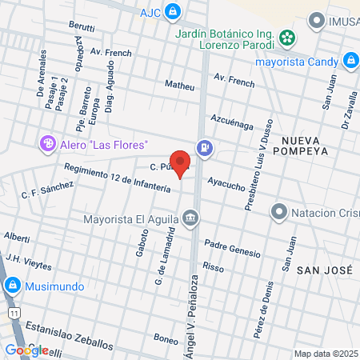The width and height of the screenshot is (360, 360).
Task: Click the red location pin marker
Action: coord(181,163)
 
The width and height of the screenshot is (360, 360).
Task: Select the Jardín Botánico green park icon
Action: coord(287,37)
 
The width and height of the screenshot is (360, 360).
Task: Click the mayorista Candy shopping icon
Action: coord(350,60)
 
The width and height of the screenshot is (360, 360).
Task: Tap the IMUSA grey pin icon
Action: coord(318,20)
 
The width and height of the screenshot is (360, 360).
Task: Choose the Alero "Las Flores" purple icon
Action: coord(48,144)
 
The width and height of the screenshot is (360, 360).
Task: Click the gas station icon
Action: coord(206,147)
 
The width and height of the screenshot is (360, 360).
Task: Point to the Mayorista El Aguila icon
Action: coord(190,218)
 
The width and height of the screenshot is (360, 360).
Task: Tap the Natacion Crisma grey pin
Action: coord(278,212)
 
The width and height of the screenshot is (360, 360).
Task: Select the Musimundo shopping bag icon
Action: coord(11,285)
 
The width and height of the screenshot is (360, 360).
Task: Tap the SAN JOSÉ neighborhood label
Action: coord(324,270)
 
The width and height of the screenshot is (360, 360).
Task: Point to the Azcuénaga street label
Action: coord(232,122)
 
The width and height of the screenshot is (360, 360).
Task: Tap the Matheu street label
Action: coord(179,86)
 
